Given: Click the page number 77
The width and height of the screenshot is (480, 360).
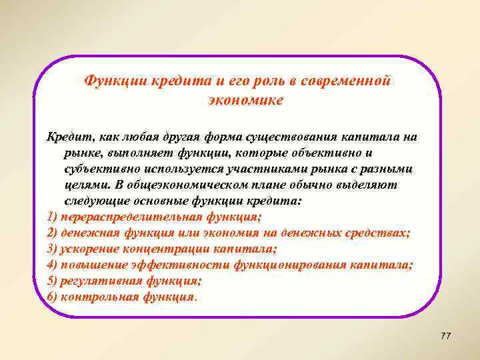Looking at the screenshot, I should click(x=446, y=335).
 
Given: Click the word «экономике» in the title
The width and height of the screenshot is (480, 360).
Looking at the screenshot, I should click(x=246, y=100).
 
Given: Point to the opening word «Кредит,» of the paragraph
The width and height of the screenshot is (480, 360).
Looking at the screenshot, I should click(x=70, y=137).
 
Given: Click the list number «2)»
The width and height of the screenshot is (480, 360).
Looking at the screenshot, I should click(x=53, y=233).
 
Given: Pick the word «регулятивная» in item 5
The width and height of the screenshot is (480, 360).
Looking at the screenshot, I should click(x=98, y=281).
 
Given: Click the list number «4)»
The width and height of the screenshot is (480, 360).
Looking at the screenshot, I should click(x=53, y=265).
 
